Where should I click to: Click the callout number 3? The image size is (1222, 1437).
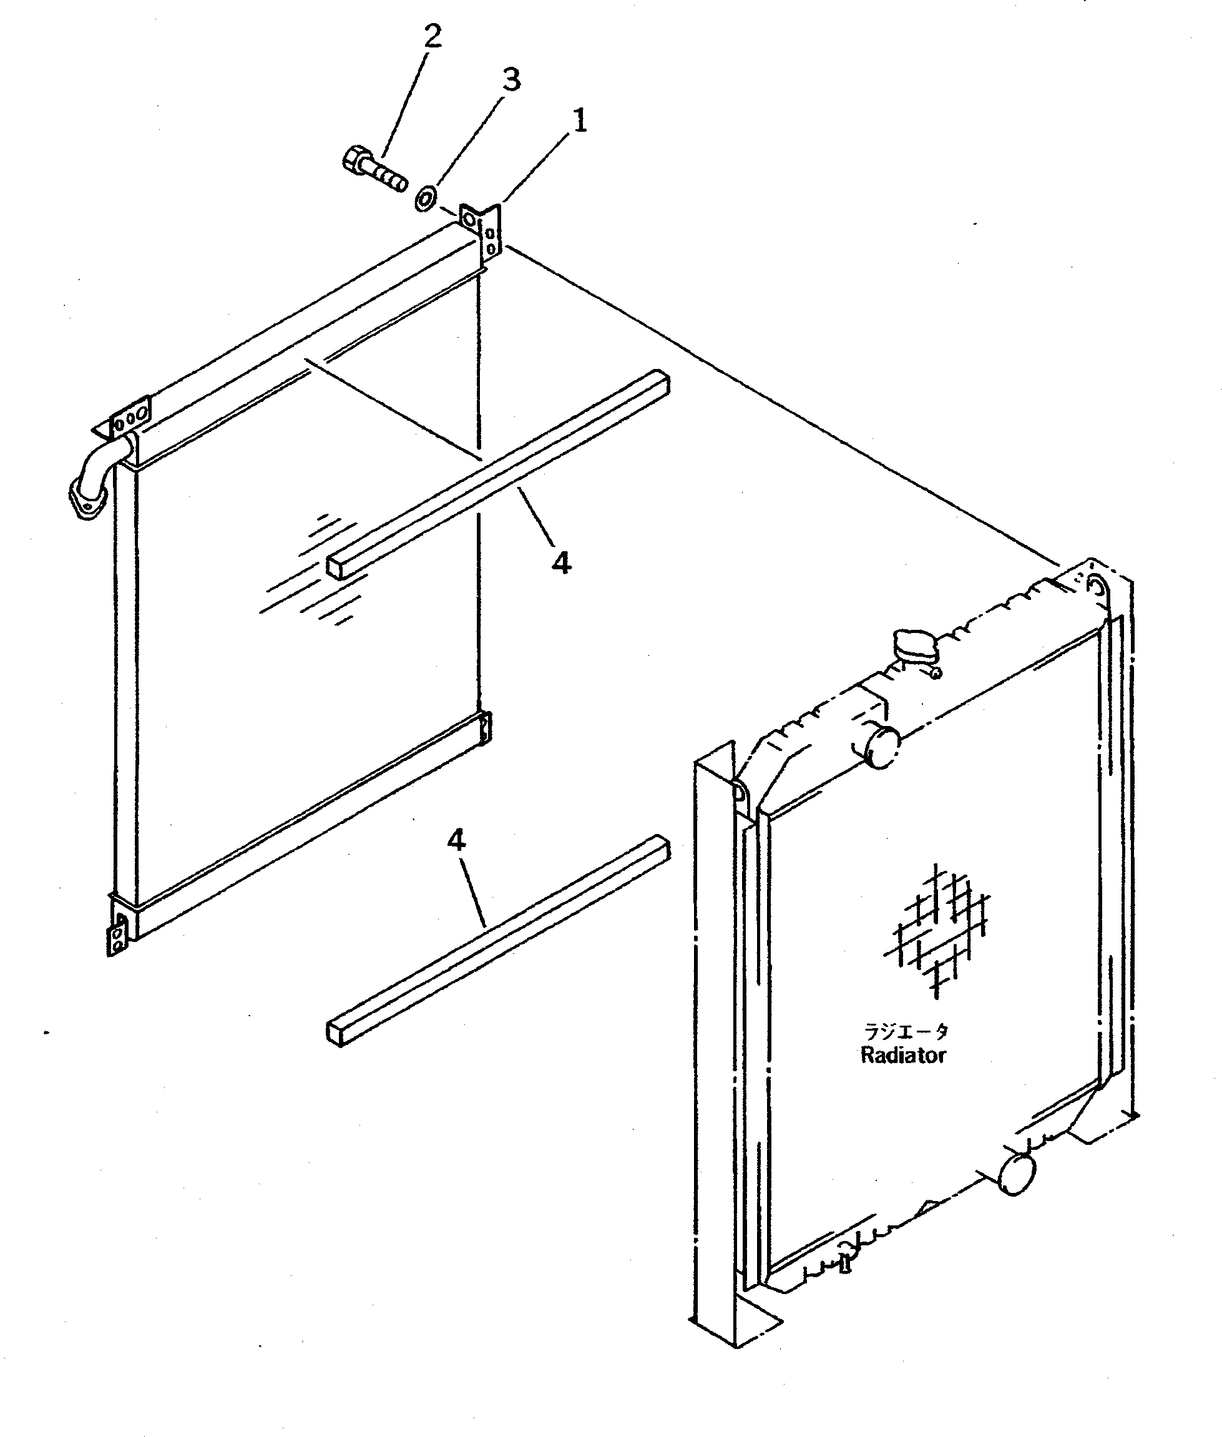[x=511, y=80]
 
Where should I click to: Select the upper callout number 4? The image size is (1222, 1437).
[x=561, y=562]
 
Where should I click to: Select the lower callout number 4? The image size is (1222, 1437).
[x=456, y=840]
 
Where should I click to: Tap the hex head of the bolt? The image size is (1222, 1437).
[x=354, y=159]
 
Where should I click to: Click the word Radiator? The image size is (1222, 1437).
[x=902, y=1055]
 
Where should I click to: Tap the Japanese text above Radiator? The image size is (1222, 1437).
[x=905, y=1032]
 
